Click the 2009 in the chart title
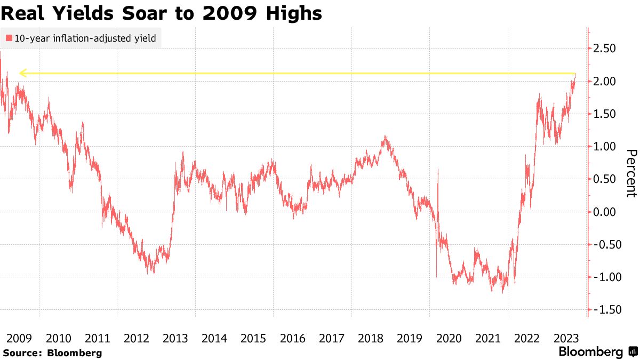[229, 13]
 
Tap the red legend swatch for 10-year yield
[9, 38]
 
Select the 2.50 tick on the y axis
[605, 49]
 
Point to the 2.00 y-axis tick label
[605, 82]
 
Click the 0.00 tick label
[605, 212]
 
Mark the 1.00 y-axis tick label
[605, 147]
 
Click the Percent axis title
[631, 173]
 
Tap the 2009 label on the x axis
[20, 338]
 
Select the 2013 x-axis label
[175, 338]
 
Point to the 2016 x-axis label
[292, 338]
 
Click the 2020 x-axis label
[449, 338]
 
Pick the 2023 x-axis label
[565, 338]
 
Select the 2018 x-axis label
[371, 338]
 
